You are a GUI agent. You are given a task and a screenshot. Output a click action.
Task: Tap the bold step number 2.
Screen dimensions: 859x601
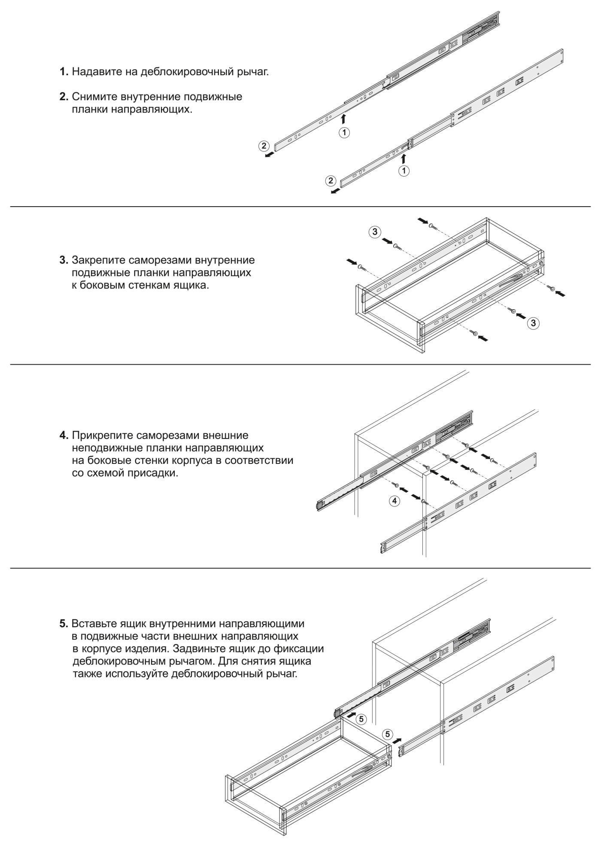click(64, 97)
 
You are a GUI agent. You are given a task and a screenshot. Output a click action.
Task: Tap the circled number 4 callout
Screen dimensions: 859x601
click(394, 500)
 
